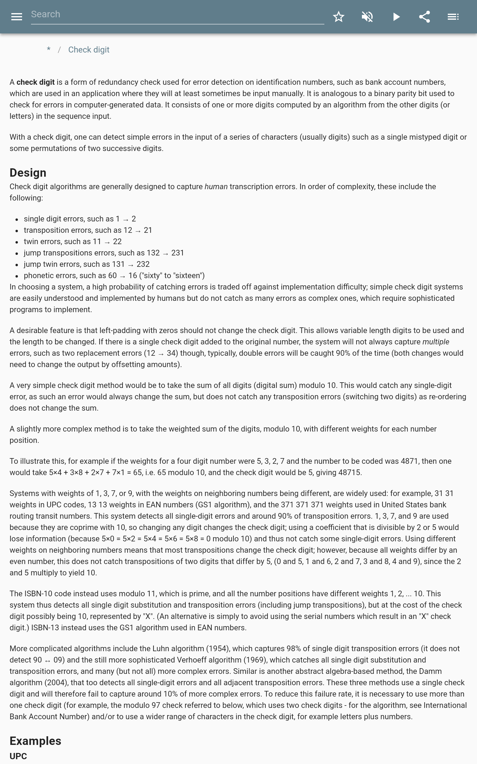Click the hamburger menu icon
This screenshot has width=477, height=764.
point(16,17)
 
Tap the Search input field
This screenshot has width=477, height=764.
point(177,15)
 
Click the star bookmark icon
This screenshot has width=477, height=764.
point(338,17)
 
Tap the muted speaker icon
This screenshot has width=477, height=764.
point(367,17)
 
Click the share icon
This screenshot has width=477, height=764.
point(425,17)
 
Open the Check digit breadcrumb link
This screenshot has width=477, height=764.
point(89,50)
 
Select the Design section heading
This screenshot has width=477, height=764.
point(28,173)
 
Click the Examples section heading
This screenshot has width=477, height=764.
point(35,741)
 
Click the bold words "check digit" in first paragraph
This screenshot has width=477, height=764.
point(35,82)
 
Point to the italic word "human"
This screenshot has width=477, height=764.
point(216,187)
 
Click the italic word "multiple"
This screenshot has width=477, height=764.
point(436,342)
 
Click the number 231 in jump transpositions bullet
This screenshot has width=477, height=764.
point(178,253)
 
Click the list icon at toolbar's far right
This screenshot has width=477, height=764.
point(453,17)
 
